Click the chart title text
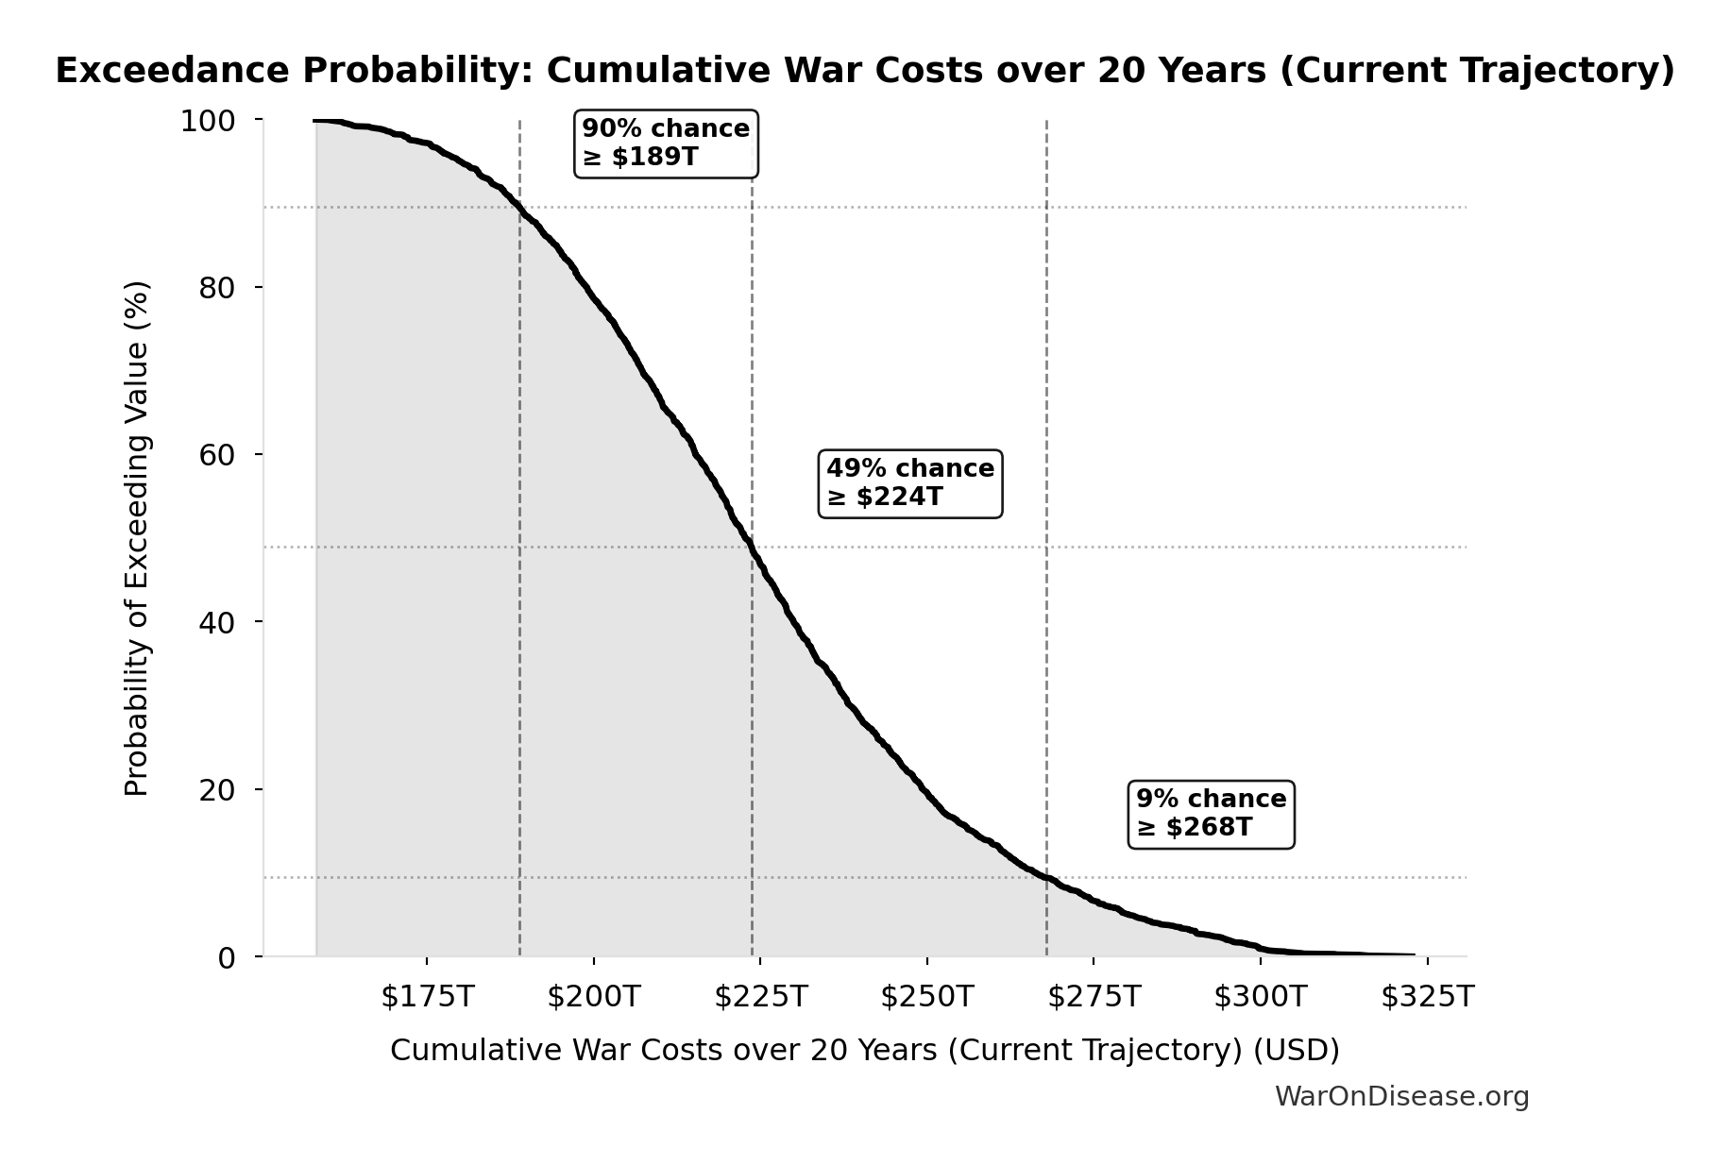[865, 71]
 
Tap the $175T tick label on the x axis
[427, 997]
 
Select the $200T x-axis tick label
[594, 997]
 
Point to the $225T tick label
[760, 997]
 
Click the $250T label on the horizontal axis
[927, 997]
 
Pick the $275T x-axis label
[1094, 997]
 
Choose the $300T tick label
[1261, 997]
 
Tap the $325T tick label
[1427, 997]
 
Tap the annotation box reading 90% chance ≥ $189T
[666, 143]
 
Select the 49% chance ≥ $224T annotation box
[910, 482]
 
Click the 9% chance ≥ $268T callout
[1211, 813]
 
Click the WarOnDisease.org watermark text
[1401, 1096]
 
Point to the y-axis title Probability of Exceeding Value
[137, 538]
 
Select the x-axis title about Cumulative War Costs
[865, 1050]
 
